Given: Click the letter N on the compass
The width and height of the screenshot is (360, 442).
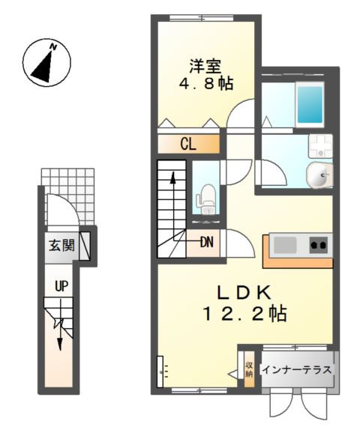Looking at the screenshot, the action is click(x=53, y=47).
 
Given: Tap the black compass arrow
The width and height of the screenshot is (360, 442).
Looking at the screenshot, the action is click(x=42, y=67).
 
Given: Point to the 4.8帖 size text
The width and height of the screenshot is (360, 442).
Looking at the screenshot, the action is click(x=206, y=83).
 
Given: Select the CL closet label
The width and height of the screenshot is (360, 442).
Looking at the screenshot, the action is click(x=188, y=145).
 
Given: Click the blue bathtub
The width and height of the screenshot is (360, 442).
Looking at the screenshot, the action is click(x=309, y=104).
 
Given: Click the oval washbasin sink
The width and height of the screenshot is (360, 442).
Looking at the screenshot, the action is click(x=319, y=175).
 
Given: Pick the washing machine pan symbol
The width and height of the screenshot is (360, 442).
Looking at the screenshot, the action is click(x=321, y=146).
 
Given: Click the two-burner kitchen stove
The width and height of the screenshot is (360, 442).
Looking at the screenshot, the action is click(x=319, y=245).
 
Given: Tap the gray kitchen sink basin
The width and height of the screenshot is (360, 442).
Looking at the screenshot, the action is click(x=285, y=245).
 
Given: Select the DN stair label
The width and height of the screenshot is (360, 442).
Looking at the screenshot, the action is click(x=207, y=242).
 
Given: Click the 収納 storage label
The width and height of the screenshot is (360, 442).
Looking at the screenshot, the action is click(x=249, y=369).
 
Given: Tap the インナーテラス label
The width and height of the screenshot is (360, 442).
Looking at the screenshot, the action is click(x=297, y=369).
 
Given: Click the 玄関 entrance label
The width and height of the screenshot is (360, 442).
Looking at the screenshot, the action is click(x=61, y=245).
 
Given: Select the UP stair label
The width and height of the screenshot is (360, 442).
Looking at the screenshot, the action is click(x=61, y=287).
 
